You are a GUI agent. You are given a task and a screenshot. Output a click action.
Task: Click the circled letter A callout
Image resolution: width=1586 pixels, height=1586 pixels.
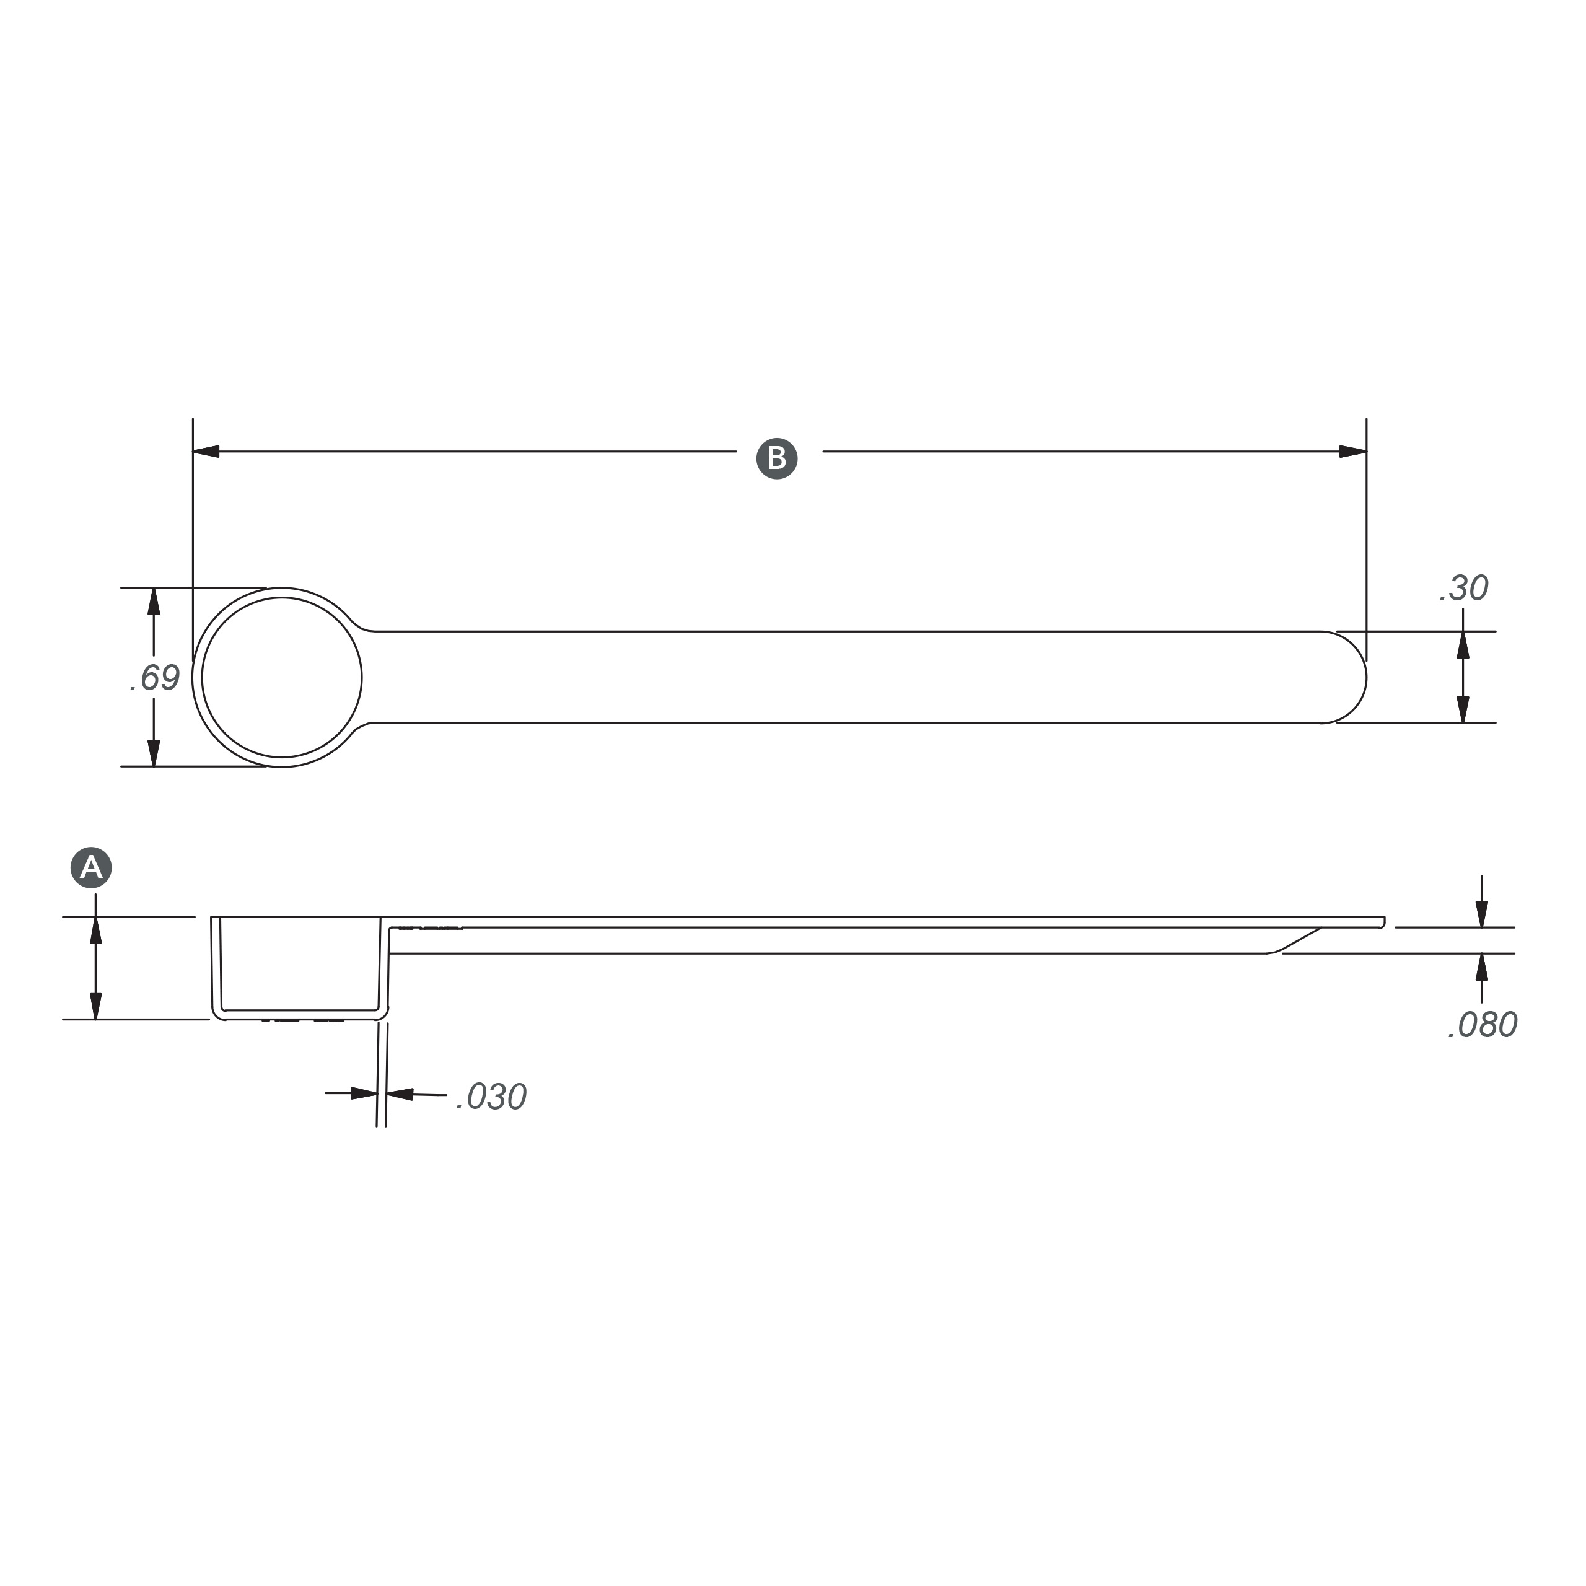[x=91, y=868]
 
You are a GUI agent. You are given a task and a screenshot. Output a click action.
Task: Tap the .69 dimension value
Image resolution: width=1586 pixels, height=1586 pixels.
[x=155, y=678]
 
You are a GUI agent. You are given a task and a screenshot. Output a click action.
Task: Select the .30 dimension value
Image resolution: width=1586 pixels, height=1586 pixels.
[x=1464, y=589]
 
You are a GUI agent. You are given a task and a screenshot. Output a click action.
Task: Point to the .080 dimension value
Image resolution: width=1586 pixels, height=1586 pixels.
[x=1482, y=1025]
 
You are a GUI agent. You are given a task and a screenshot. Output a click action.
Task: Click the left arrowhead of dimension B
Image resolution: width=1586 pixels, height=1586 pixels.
[x=206, y=452]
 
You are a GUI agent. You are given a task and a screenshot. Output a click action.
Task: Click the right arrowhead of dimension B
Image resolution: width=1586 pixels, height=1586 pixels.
[x=1353, y=452]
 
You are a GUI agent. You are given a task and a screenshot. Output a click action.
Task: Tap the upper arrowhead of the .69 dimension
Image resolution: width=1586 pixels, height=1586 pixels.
[x=154, y=602]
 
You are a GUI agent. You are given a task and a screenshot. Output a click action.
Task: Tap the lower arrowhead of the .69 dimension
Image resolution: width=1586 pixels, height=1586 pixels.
[x=154, y=753]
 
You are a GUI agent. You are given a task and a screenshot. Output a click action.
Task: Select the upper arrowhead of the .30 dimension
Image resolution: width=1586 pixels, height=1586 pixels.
[x=1463, y=645]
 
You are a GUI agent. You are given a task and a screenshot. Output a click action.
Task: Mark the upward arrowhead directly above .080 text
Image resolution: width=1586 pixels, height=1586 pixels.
[x=1482, y=968]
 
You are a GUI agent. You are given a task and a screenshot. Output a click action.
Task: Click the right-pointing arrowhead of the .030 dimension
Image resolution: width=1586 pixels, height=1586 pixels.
[x=364, y=1093]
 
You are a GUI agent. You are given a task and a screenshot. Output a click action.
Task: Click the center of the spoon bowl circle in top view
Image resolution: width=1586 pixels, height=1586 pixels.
[x=281, y=677]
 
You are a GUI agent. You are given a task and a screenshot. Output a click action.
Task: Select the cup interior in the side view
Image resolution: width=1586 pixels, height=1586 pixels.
[x=300, y=965]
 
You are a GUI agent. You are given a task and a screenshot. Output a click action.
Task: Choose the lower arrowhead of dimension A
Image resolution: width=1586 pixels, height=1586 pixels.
[x=96, y=1005]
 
